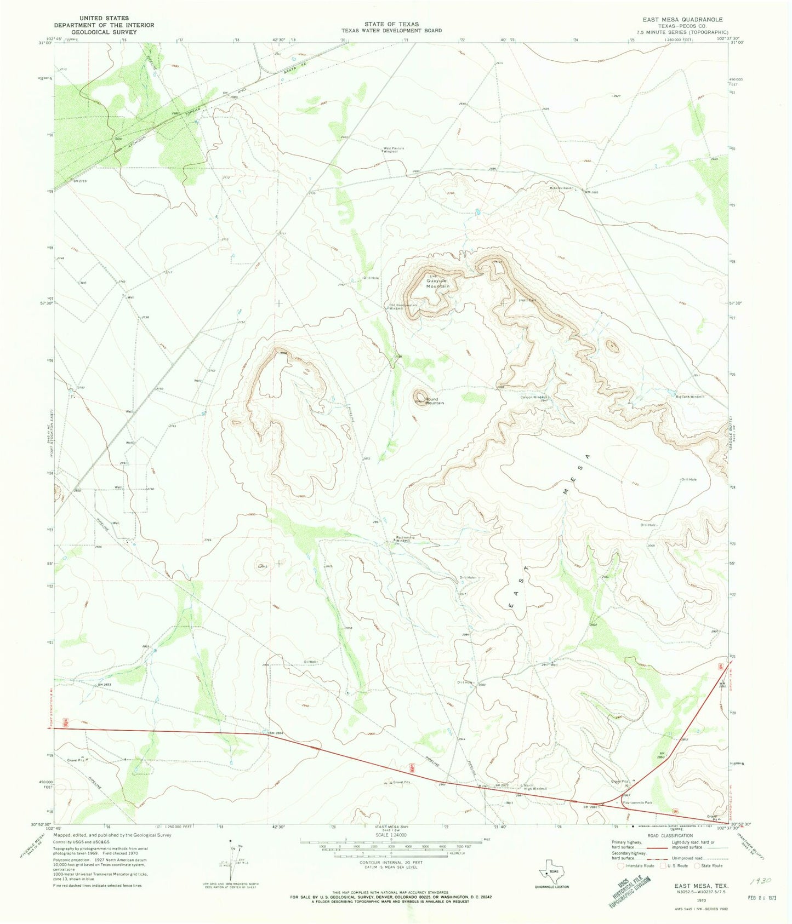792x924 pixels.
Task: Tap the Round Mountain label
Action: coord(434,401)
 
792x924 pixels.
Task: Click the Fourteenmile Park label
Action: coord(637,803)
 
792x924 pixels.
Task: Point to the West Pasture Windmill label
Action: coord(394,149)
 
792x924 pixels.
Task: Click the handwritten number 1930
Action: coord(762,882)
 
